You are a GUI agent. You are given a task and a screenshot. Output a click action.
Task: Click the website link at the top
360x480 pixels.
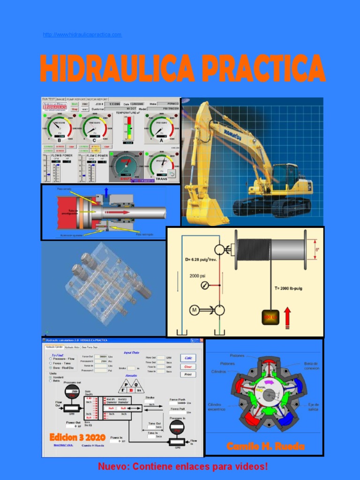[x=82, y=35]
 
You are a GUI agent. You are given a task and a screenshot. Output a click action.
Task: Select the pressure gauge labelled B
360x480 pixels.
[x=59, y=127]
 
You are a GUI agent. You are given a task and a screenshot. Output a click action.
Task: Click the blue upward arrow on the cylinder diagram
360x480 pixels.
[x=106, y=191]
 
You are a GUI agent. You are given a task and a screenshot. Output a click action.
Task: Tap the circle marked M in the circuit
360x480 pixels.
[x=194, y=310]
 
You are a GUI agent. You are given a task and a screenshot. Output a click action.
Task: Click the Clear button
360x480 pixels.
[x=188, y=367]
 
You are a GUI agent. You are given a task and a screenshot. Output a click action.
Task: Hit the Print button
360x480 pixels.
[x=188, y=375]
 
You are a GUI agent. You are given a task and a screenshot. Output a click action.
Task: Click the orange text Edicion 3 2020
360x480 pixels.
[x=77, y=437]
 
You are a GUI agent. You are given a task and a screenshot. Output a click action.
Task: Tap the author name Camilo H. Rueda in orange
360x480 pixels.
[x=265, y=446]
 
